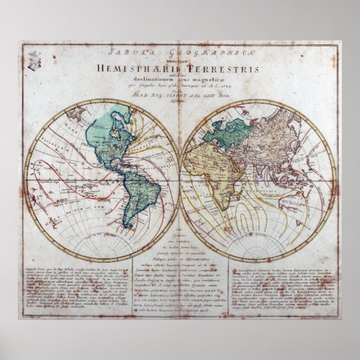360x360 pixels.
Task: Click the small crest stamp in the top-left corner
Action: point(35,59)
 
